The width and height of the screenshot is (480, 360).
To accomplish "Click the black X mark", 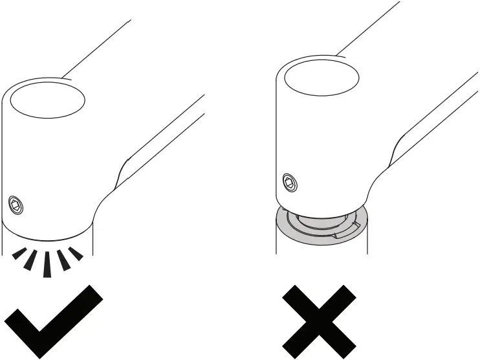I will [319, 320].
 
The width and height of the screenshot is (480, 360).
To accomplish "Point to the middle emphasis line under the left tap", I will [46, 263].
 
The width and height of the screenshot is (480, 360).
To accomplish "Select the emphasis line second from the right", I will [63, 259].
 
